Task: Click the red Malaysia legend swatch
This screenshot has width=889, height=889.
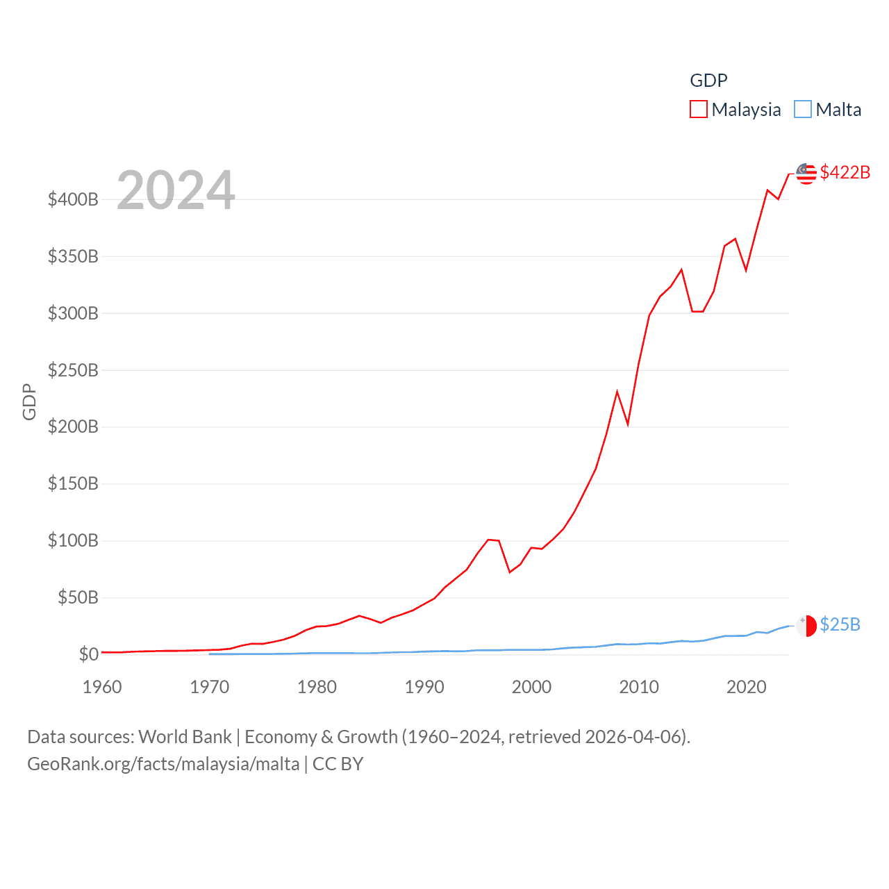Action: (698, 110)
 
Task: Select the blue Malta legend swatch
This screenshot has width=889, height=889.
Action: (802, 110)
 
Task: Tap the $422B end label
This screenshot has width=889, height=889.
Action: (845, 172)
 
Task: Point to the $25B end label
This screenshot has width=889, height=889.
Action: (840, 624)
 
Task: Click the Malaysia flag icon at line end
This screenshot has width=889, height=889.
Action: (806, 174)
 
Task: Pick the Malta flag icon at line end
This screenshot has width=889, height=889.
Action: (806, 625)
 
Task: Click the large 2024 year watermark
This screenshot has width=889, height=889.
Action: (176, 190)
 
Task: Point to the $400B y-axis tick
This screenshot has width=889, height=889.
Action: (73, 200)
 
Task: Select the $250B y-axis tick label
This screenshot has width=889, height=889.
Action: (73, 370)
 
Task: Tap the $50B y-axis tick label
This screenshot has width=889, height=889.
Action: (78, 597)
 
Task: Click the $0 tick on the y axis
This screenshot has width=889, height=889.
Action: (88, 654)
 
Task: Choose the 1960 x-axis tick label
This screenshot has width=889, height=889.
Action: (102, 687)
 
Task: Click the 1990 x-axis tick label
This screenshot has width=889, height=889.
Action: (424, 687)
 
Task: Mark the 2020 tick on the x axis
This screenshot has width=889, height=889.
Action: (746, 687)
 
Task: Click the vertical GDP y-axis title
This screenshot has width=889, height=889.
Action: (29, 401)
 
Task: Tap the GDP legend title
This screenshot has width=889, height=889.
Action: (708, 81)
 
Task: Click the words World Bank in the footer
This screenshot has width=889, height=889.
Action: (185, 736)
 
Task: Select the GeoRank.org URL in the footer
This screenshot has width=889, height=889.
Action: (163, 764)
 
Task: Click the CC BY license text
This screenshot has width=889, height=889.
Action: (338, 764)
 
